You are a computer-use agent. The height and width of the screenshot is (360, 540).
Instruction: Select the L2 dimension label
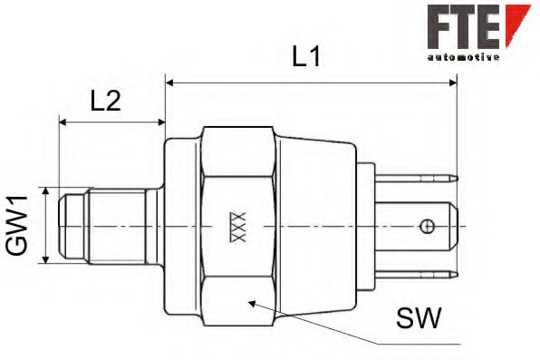[x=106, y=101]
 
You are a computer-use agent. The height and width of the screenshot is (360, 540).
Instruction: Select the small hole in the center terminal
[x=427, y=225]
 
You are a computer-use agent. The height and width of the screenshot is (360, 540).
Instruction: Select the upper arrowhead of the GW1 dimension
[x=43, y=192]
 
